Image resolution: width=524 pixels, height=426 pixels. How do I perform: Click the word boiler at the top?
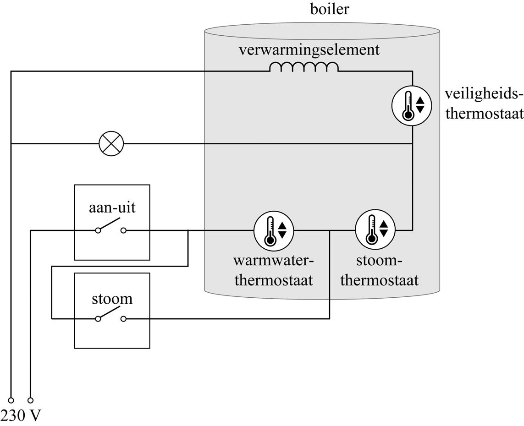pos(329,9)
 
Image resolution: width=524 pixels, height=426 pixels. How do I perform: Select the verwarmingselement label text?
pos(309,49)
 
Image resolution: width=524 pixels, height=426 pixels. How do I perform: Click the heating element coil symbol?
pos(303,67)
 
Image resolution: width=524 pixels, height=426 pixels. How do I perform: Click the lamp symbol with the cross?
pos(111,143)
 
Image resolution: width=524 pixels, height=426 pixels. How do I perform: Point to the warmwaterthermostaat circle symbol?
pos(274,230)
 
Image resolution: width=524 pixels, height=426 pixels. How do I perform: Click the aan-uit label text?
pos(112,208)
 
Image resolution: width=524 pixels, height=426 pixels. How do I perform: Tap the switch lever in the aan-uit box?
pos(110,224)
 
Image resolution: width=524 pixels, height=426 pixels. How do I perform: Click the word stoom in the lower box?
pos(112,299)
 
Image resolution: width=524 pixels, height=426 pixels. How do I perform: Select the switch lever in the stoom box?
pos(110,313)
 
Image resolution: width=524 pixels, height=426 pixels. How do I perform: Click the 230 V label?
pos(21,415)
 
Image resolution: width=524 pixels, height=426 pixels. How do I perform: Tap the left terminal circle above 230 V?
pos(11,400)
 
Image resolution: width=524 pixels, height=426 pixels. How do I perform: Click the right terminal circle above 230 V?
pos(31,400)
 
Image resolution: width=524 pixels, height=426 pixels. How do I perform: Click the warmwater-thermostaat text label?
pos(274,270)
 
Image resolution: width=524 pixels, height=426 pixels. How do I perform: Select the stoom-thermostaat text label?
pos(379,270)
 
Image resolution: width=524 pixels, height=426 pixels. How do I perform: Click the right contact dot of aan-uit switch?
pos(123,230)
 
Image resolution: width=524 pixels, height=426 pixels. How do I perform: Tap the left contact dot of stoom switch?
pos(98,319)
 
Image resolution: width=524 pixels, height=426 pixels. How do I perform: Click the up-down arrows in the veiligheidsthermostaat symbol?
pos(420,105)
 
